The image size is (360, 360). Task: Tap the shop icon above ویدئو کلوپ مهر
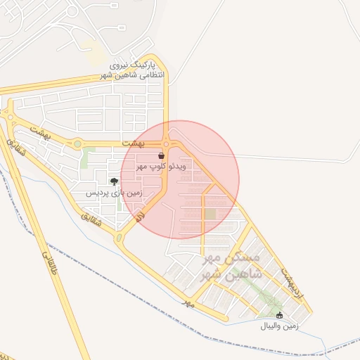coord(162,155)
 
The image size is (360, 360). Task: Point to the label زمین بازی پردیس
coord(114,192)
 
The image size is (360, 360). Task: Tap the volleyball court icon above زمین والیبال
coord(280,316)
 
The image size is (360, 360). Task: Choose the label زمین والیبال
coord(280,326)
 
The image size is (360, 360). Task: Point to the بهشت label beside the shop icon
coord(132,143)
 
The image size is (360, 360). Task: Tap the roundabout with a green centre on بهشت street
coord(77,144)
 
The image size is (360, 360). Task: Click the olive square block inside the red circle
coord(210,214)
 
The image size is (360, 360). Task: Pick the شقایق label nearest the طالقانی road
coord(15,150)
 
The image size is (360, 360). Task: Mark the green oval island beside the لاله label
coord(119,239)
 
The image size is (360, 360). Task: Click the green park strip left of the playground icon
coord(84,158)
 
